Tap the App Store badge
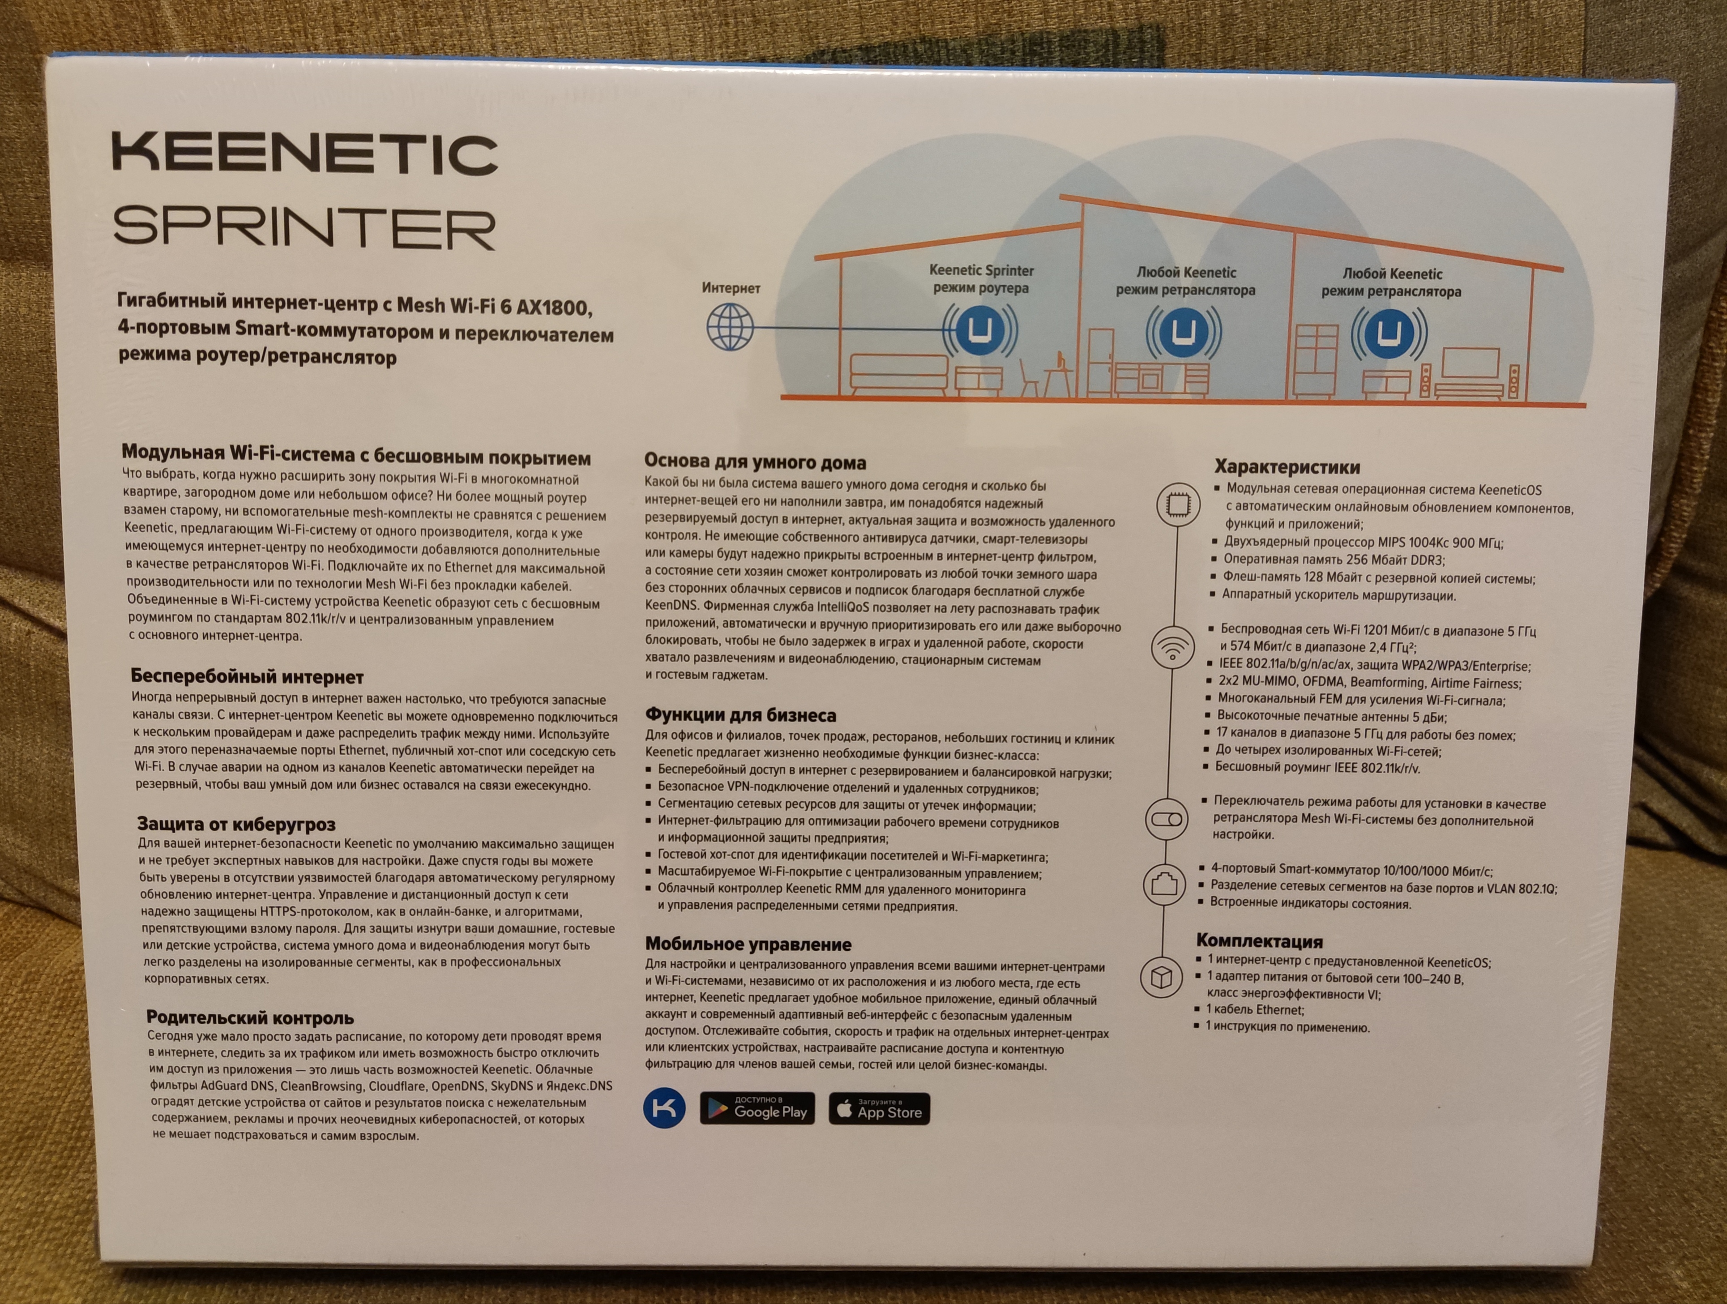tap(879, 1109)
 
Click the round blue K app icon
tap(664, 1108)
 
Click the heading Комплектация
tap(1259, 941)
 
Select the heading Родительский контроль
tap(250, 1018)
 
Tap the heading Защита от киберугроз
tap(236, 824)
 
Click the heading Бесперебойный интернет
tap(247, 676)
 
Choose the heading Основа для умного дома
tap(755, 462)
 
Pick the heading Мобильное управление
tap(748, 944)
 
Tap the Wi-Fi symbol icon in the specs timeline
tap(1173, 646)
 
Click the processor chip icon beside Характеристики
tap(1177, 504)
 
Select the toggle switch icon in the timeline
tap(1167, 819)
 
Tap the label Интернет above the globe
tap(731, 287)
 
